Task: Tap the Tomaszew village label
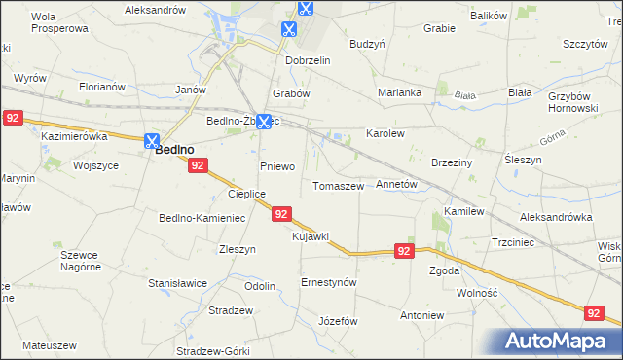(338, 186)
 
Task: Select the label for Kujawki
(311, 236)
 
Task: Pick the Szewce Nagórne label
(80, 260)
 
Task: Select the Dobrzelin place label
(309, 60)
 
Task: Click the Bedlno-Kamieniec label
(202, 218)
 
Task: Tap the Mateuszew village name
(49, 345)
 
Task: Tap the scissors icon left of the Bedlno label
(151, 140)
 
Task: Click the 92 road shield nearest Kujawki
(280, 214)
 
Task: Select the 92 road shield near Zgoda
(406, 251)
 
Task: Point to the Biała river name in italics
(465, 95)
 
